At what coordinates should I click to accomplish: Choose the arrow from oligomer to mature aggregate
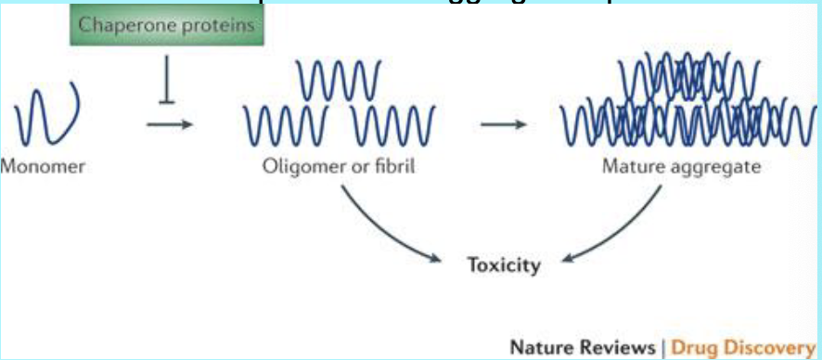click(x=503, y=124)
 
